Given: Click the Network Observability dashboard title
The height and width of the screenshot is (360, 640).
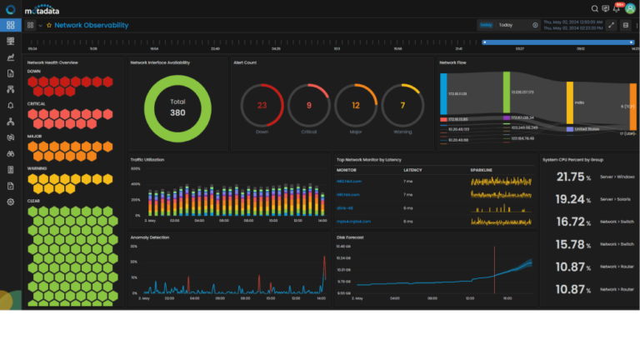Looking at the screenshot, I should click(x=92, y=25).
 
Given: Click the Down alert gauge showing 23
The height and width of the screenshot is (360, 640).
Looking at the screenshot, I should click(x=262, y=106).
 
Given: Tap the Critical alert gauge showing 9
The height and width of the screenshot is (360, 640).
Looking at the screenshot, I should click(x=309, y=106).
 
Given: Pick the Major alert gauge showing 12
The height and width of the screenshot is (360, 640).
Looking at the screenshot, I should click(x=356, y=106).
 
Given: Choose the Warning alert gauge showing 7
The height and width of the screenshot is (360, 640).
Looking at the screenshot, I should click(x=402, y=106).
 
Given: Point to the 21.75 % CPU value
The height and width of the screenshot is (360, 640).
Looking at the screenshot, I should click(x=572, y=177).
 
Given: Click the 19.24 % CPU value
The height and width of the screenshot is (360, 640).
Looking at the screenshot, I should click(x=572, y=199).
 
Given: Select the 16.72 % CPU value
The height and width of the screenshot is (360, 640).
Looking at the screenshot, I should click(x=572, y=222).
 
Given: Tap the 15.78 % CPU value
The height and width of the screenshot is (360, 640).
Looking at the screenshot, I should click(x=572, y=244).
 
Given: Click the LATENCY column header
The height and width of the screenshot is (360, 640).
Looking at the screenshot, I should click(x=412, y=169).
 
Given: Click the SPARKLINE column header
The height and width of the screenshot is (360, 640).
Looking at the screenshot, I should click(x=482, y=169).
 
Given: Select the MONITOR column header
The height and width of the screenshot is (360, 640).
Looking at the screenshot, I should click(x=346, y=169).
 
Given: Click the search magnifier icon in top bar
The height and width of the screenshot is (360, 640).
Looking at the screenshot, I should click(x=594, y=8).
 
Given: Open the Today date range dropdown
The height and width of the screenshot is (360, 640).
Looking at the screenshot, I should click(x=517, y=25).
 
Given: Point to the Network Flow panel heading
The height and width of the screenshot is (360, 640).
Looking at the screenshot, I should click(x=455, y=62).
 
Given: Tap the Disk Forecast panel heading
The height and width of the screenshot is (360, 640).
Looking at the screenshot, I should click(x=351, y=237).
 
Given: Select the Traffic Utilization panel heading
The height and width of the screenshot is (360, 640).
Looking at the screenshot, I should click(x=149, y=158).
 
